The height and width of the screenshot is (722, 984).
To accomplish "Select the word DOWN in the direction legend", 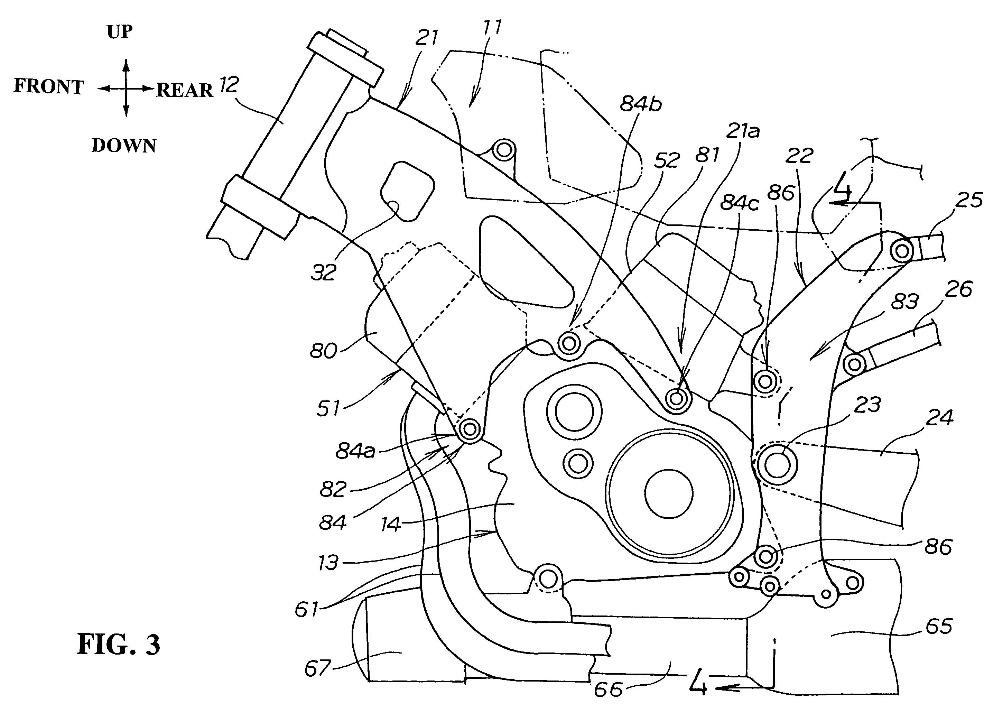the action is pyautogui.click(x=124, y=146).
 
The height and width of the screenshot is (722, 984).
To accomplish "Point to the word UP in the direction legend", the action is pyautogui.click(x=120, y=31).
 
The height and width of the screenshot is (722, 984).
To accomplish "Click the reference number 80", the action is pyautogui.click(x=323, y=350).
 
